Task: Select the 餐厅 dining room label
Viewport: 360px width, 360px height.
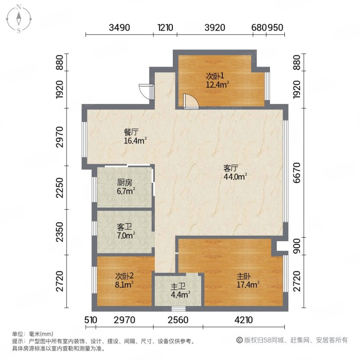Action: (x=131, y=132)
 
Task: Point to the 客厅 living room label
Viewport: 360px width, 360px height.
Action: (x=230, y=168)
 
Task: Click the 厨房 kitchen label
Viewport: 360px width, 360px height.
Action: (x=125, y=183)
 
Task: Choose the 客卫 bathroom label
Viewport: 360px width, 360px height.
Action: (x=125, y=227)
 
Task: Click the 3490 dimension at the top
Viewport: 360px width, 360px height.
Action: (x=120, y=28)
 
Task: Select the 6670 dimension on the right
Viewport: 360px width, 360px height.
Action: (x=296, y=172)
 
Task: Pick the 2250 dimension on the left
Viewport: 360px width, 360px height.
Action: (x=60, y=188)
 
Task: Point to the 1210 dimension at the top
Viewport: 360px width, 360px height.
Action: (x=166, y=28)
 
